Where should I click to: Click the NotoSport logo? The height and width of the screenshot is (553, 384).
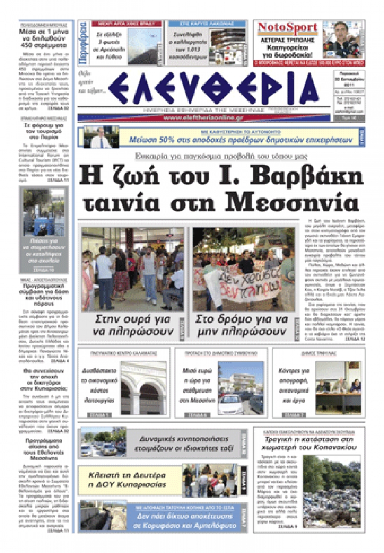point(287,28)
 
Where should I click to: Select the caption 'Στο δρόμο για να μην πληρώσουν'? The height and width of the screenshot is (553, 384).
point(242,325)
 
